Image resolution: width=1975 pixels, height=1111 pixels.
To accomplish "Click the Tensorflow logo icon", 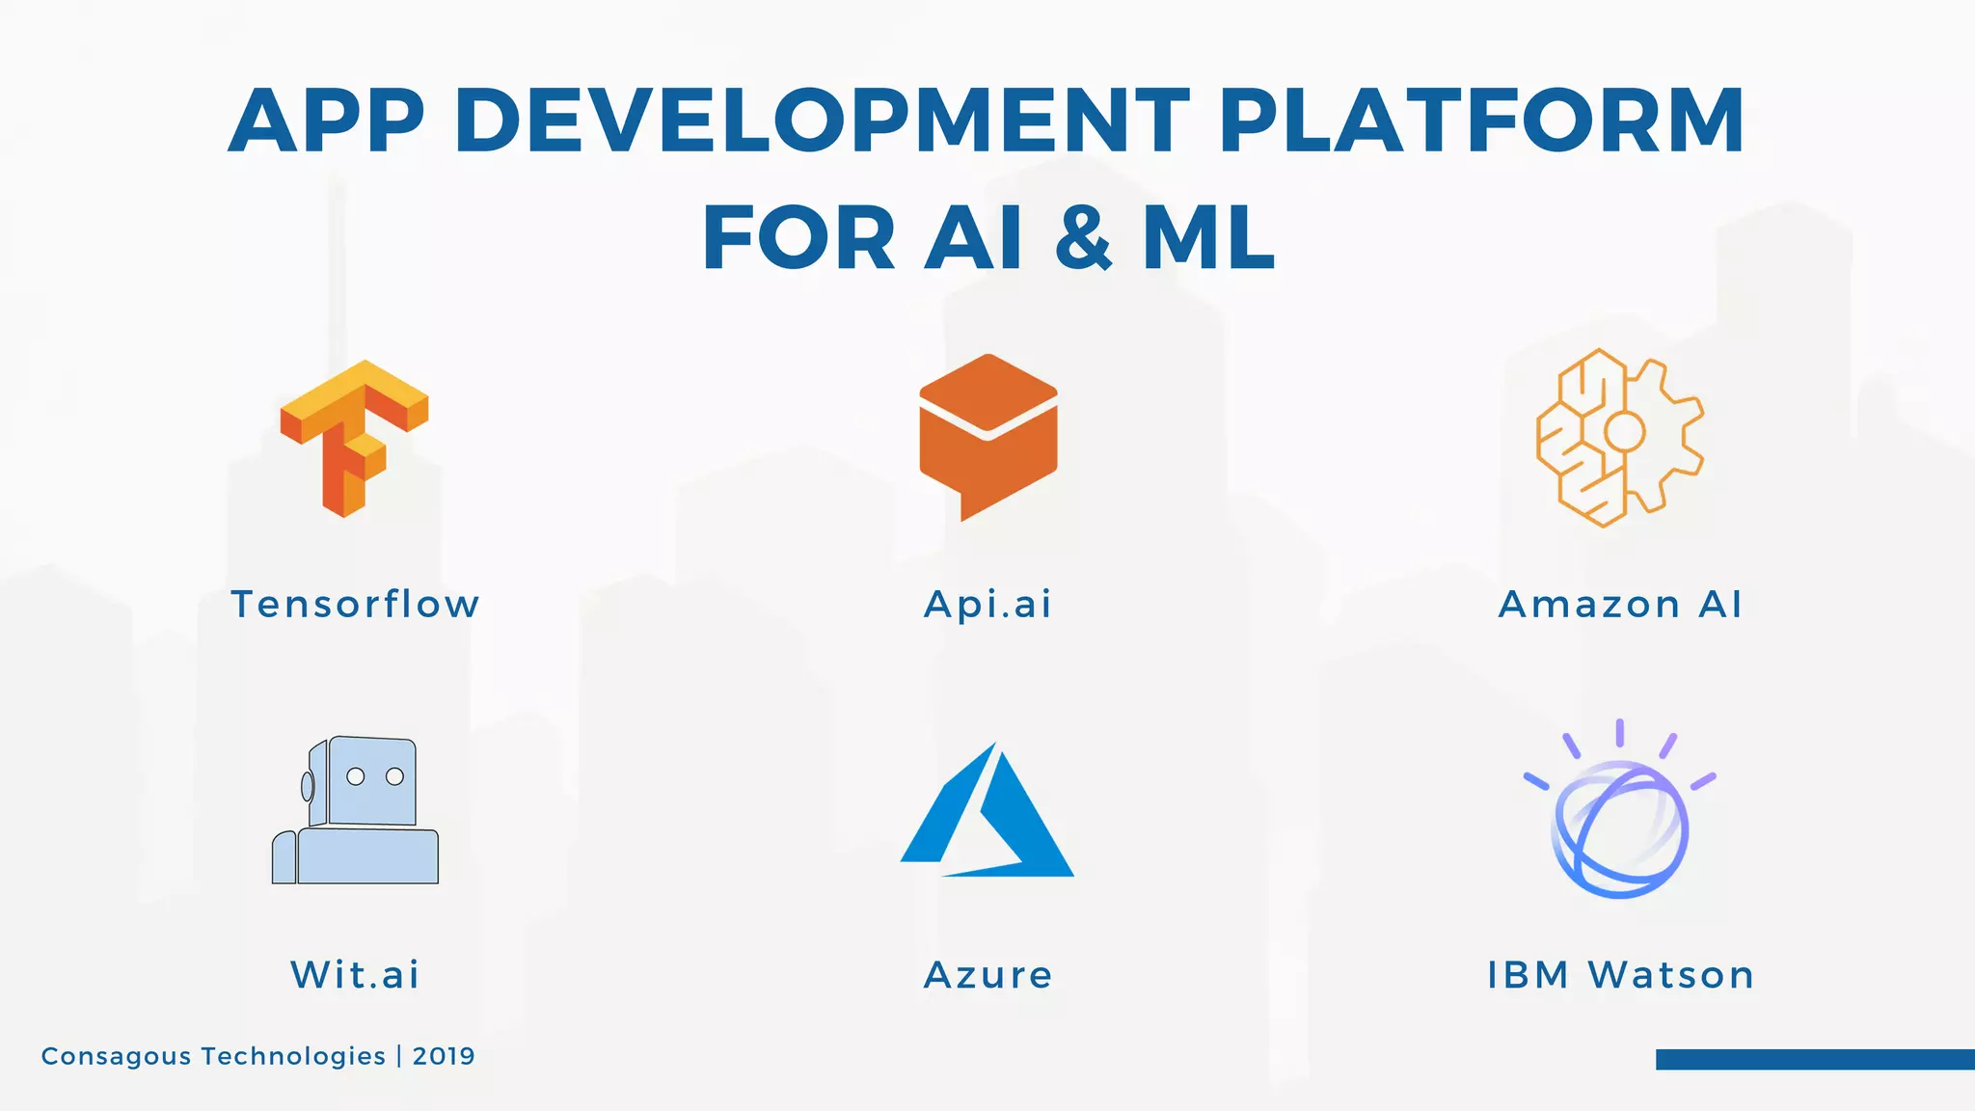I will (x=354, y=438).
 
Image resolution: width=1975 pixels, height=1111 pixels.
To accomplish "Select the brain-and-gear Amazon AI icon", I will (x=1620, y=438).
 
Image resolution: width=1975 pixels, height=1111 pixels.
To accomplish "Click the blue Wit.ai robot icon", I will (x=356, y=812).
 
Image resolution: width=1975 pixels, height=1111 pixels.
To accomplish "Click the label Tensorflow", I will (x=355, y=605).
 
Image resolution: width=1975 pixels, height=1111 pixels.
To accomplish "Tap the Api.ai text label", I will (x=987, y=606).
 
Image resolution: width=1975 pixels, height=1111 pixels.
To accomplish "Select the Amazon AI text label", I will (x=1620, y=605).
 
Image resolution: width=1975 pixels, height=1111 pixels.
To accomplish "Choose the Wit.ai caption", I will (x=355, y=975).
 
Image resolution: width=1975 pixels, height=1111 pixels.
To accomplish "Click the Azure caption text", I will (x=987, y=975).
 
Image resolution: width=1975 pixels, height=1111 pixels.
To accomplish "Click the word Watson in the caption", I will (x=1671, y=975).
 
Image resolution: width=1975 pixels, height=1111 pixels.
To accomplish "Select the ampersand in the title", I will (x=1084, y=238).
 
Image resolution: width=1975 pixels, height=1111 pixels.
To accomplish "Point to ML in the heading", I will (x=1209, y=238).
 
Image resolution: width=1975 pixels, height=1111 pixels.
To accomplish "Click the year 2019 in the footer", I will (x=444, y=1056).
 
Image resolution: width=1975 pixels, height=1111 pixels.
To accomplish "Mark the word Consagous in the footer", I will (x=116, y=1057).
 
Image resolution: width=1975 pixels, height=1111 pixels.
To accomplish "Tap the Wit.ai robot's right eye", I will (x=394, y=776).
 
